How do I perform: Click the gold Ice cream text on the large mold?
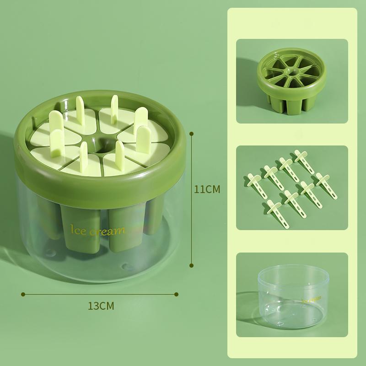click(x=97, y=230)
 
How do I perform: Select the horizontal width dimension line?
click(x=101, y=294)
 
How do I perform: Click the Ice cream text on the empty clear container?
click(x=311, y=300)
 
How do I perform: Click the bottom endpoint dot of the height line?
click(x=191, y=264)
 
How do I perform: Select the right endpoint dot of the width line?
click(x=178, y=294)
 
